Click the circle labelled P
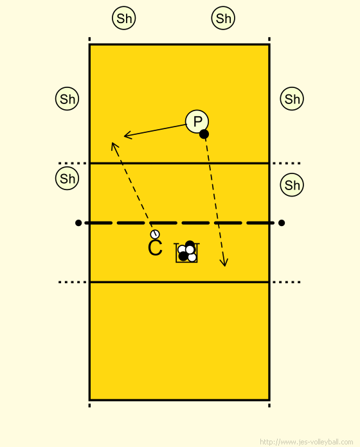click(197, 121)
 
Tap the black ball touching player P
click(204, 134)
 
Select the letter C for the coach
click(155, 248)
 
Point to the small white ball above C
click(155, 234)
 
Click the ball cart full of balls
click(187, 252)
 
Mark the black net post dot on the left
click(78, 223)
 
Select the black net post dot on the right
click(282, 223)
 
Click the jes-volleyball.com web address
click(307, 442)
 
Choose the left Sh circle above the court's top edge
click(124, 18)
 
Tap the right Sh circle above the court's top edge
click(223, 18)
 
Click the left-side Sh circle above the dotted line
click(67, 99)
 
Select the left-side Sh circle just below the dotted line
click(67, 179)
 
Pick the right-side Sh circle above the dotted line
click(292, 99)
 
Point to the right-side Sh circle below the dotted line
click(292, 185)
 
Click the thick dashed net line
click(179, 223)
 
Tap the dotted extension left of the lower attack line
click(73, 282)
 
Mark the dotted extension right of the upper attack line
click(286, 163)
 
